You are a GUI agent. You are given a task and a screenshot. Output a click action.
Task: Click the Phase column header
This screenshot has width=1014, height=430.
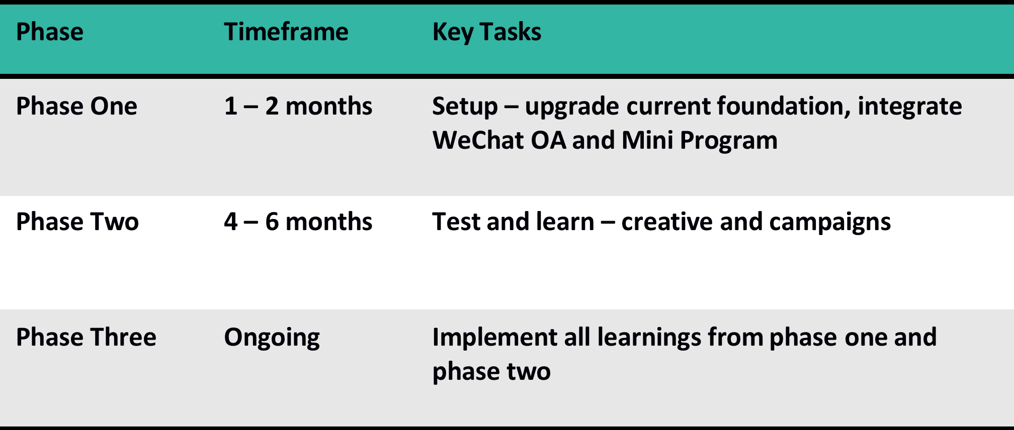pos(50,32)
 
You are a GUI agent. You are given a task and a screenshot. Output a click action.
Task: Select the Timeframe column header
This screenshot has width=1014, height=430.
pos(286,32)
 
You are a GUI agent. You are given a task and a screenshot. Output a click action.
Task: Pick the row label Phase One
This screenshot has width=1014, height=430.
pos(76,106)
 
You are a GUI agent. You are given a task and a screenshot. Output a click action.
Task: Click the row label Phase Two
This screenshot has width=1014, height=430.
pos(77,222)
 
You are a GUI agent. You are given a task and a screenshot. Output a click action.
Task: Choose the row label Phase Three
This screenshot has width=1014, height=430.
pos(86,337)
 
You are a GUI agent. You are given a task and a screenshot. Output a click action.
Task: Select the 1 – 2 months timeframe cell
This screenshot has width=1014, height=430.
pos(298,106)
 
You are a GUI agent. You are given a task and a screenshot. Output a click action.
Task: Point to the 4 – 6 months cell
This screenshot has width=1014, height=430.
pos(298,222)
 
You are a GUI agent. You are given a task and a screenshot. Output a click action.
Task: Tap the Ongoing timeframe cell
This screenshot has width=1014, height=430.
pos(272,338)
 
